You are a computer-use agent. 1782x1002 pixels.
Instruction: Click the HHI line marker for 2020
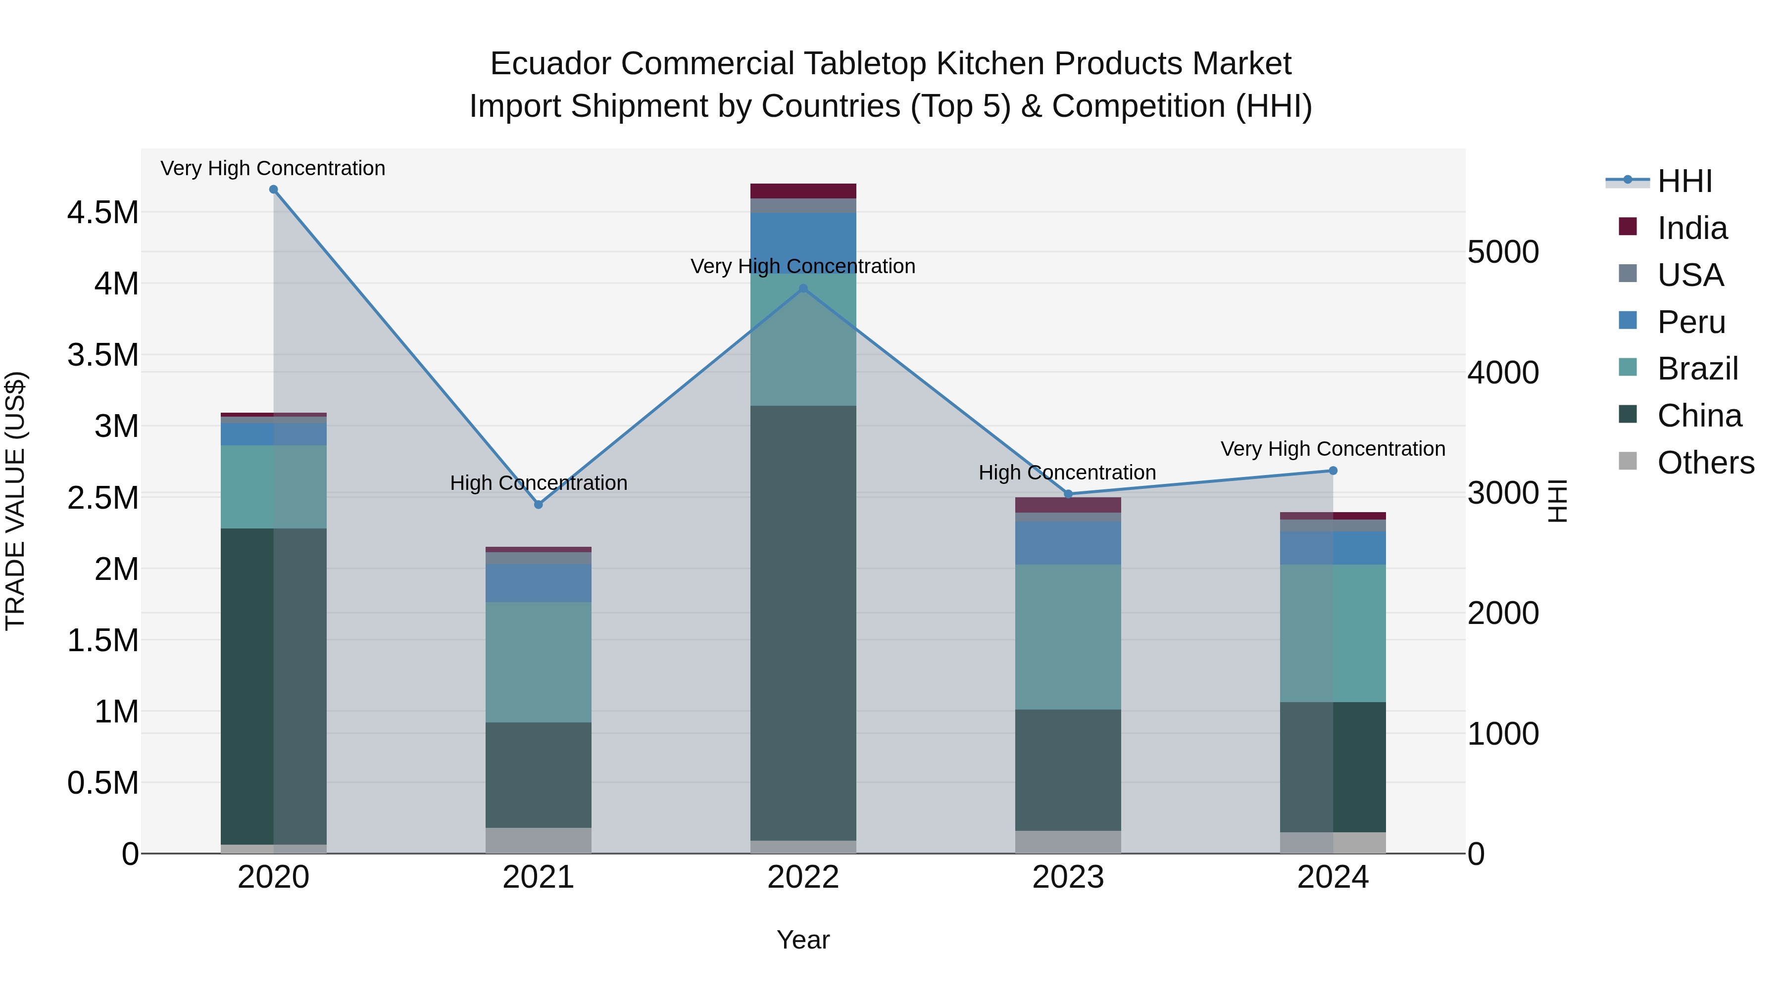(273, 190)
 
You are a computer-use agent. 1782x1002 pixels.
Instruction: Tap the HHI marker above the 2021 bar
(538, 504)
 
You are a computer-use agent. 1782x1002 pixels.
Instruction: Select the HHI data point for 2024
(1333, 471)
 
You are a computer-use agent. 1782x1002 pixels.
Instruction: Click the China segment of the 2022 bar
(803, 622)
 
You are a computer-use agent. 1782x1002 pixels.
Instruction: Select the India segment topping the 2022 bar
(803, 191)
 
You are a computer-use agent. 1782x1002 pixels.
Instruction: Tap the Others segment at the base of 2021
(538, 840)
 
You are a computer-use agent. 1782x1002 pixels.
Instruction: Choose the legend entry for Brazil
(1697, 369)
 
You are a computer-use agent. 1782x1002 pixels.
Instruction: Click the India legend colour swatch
(1628, 227)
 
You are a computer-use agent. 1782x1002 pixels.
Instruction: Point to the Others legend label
(1705, 463)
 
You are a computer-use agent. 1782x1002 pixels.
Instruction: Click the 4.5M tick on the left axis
(102, 212)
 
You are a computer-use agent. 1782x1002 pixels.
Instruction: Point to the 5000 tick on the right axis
(1502, 252)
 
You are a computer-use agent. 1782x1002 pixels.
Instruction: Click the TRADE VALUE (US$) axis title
(15, 501)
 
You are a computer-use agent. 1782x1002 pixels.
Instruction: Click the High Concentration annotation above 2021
(538, 482)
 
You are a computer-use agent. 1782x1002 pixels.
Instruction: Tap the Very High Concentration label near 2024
(1333, 449)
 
